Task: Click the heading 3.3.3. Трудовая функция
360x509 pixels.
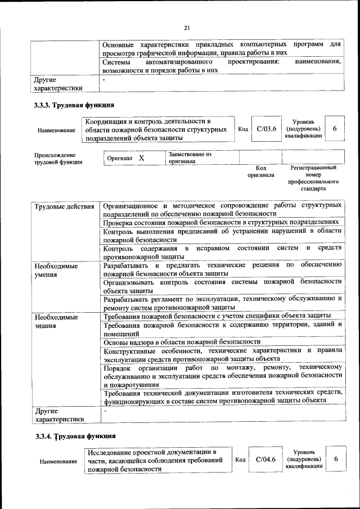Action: click(74, 105)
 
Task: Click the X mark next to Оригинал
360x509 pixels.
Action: click(142, 159)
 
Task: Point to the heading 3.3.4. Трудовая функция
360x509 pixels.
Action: click(74, 435)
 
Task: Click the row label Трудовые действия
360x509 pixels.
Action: click(64, 206)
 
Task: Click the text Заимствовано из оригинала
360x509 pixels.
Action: click(189, 157)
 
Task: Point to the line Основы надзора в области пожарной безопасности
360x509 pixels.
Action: click(182, 341)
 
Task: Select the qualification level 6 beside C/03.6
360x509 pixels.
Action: click(335, 129)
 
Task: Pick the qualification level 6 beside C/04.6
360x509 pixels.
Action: click(336, 460)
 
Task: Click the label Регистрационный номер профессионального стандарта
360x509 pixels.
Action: click(313, 178)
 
